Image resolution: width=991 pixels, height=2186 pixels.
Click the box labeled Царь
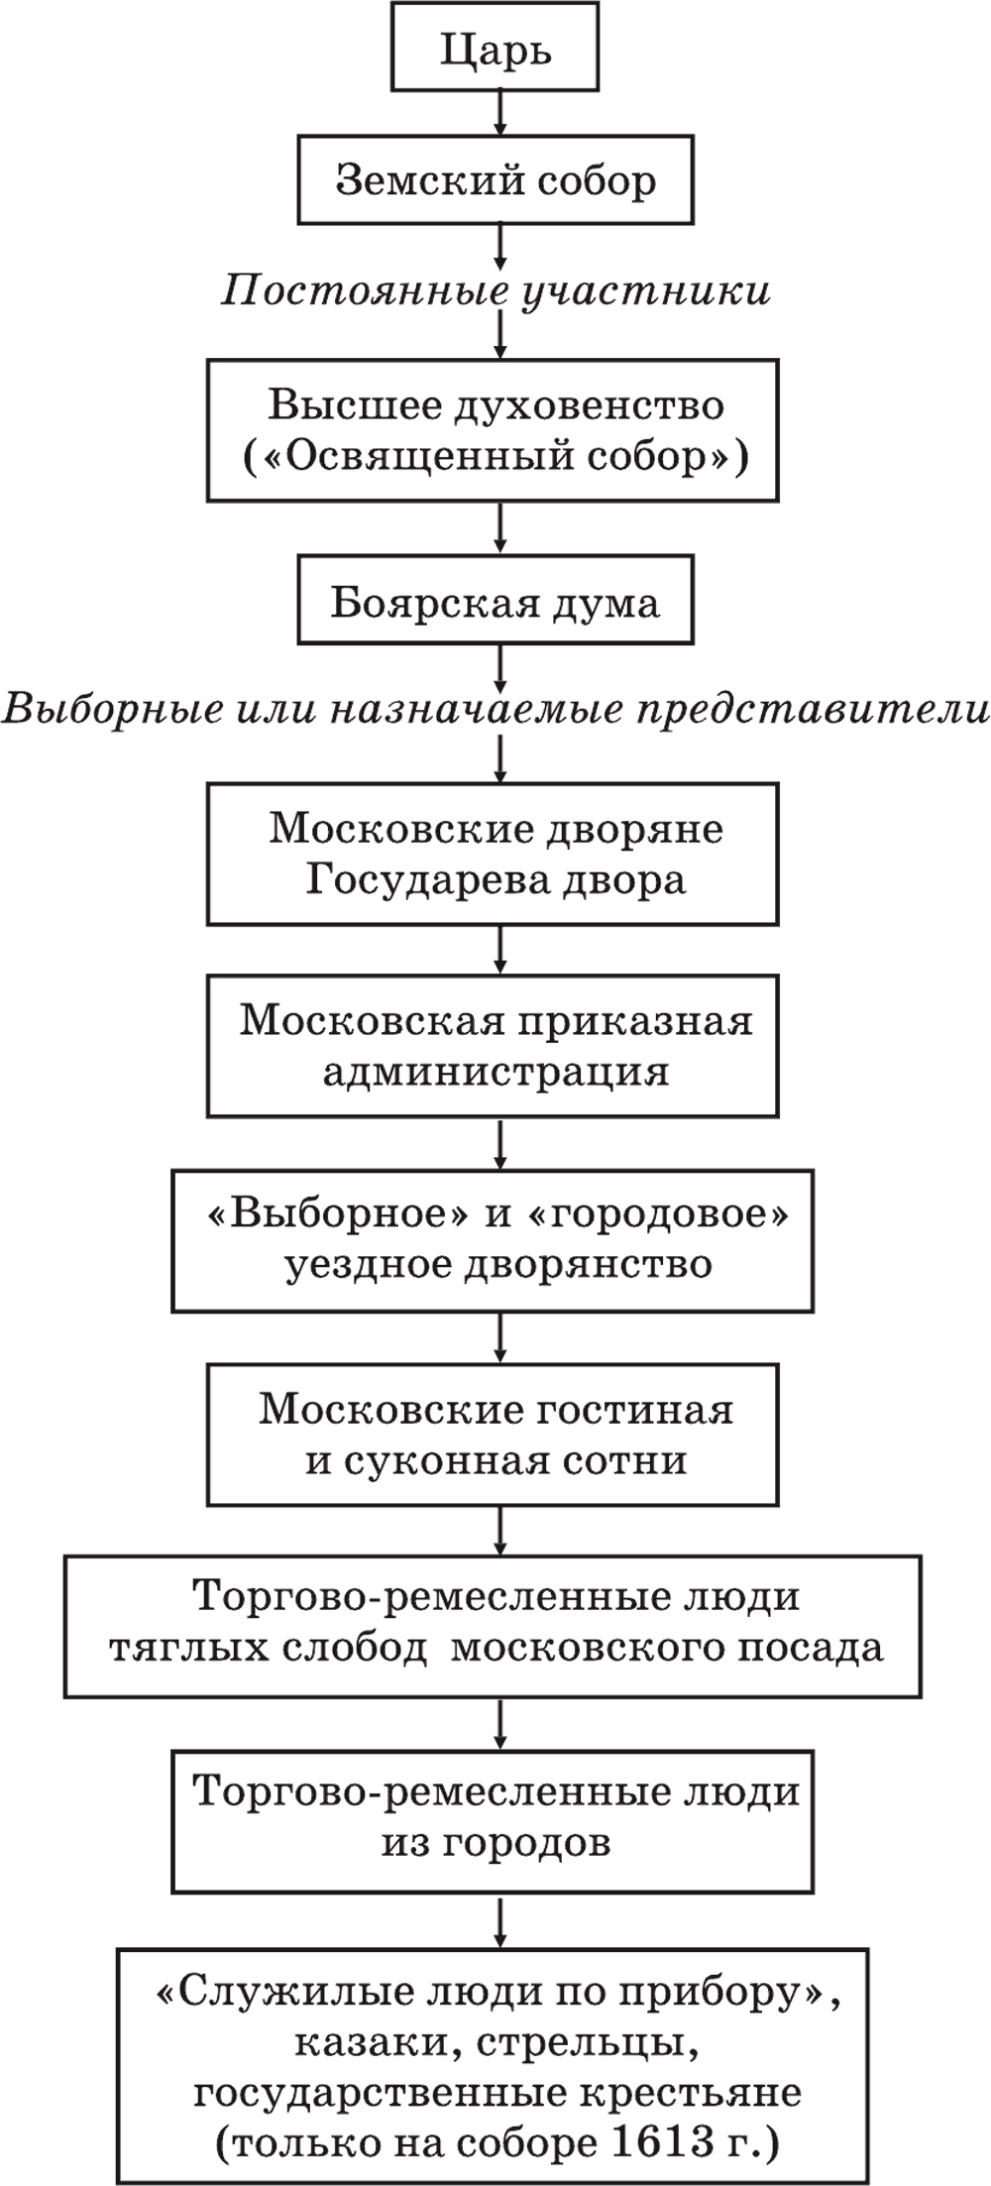[x=495, y=47]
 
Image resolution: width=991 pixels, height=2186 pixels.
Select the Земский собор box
[x=495, y=180]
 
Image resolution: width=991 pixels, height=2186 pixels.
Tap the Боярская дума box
[x=495, y=604]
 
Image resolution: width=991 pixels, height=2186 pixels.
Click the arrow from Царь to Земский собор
[x=500, y=114]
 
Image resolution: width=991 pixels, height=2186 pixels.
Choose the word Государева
[x=411, y=880]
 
